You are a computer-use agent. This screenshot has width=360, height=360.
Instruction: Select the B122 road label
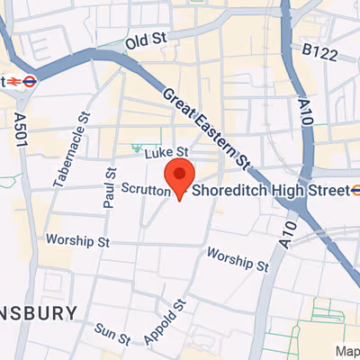[x=319, y=55]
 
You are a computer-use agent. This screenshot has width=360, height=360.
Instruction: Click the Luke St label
[x=168, y=153]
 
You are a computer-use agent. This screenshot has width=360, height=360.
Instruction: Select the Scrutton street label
[x=143, y=190]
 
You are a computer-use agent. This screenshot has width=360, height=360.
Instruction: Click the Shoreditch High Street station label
[x=269, y=191]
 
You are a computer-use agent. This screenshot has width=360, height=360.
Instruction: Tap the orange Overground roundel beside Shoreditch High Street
[x=356, y=190]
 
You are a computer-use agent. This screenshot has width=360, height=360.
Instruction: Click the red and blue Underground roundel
[x=30, y=80]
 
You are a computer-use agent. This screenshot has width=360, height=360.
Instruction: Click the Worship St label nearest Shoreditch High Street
[x=238, y=260]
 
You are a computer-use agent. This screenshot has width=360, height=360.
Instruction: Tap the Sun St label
[x=113, y=334]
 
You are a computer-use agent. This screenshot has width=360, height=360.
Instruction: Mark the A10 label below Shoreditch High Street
[x=287, y=232]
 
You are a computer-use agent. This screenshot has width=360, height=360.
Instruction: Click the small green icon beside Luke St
[x=138, y=147]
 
